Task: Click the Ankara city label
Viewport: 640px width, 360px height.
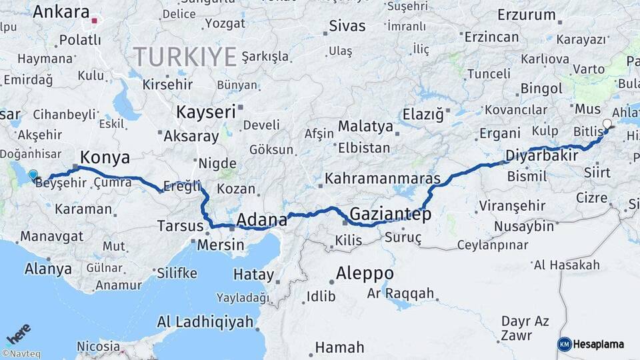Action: (x=61, y=12)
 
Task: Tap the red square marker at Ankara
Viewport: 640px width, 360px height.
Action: (x=95, y=21)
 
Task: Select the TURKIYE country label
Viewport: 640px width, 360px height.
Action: (x=185, y=56)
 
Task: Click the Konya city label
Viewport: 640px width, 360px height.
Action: (x=105, y=157)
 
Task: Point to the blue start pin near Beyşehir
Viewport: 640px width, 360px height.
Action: (x=33, y=175)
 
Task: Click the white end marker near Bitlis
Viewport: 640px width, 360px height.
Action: (x=607, y=124)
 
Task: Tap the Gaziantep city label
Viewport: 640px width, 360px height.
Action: (x=390, y=214)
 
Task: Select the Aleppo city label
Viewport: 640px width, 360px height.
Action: (x=365, y=273)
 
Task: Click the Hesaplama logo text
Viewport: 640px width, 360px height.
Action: (x=599, y=344)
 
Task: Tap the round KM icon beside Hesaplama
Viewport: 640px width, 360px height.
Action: (x=565, y=344)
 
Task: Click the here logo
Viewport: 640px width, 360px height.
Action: (x=19, y=333)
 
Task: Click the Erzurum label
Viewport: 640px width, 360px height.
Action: (x=527, y=15)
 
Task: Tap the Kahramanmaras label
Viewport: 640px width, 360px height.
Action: (x=383, y=179)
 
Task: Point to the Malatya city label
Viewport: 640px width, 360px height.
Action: (x=365, y=126)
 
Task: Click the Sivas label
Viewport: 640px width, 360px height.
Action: (x=348, y=26)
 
